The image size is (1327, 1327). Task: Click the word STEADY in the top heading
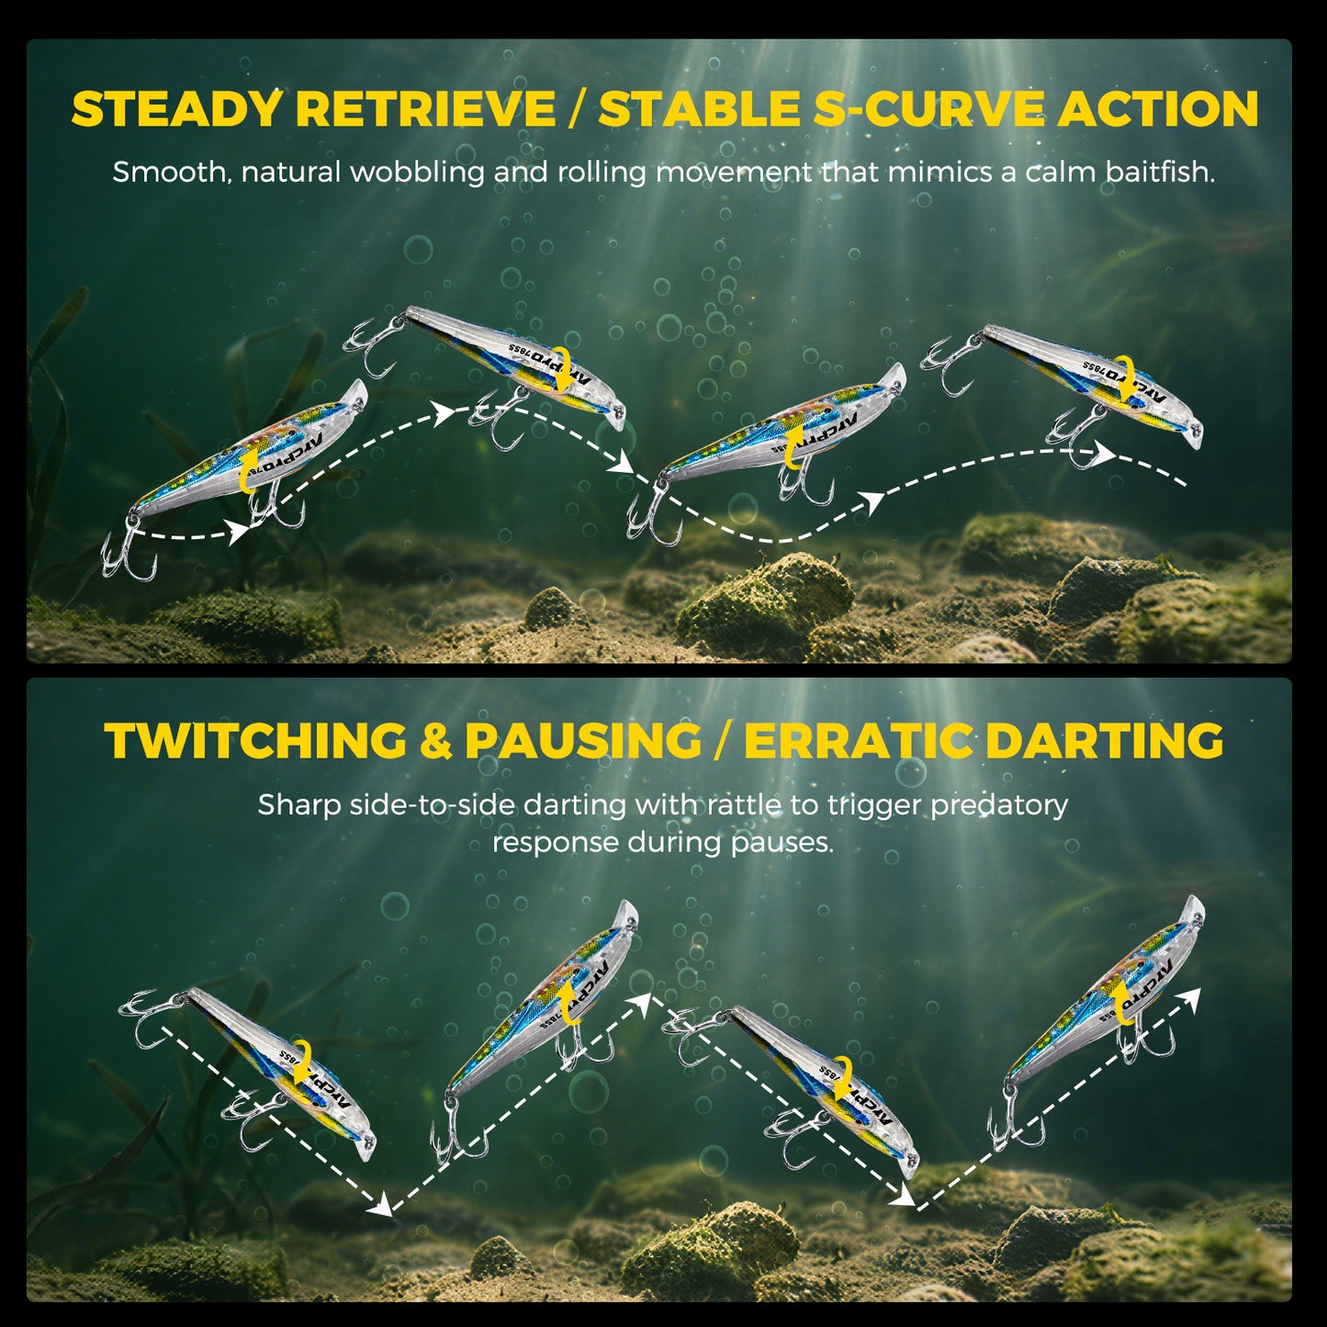click(x=175, y=109)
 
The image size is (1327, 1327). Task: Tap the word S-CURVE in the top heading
click(x=928, y=109)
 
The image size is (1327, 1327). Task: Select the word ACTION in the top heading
click(x=1158, y=109)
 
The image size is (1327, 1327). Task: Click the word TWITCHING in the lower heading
click(x=255, y=741)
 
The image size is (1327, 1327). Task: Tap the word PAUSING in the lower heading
click(x=583, y=741)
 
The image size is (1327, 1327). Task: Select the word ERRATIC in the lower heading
click(x=858, y=741)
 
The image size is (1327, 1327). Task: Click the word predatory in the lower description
click(x=999, y=805)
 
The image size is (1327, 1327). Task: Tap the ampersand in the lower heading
click(x=435, y=741)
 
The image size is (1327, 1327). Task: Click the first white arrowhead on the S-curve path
click(x=241, y=532)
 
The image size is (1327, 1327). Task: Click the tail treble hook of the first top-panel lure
click(x=129, y=555)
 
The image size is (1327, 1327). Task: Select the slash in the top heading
click(x=577, y=109)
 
